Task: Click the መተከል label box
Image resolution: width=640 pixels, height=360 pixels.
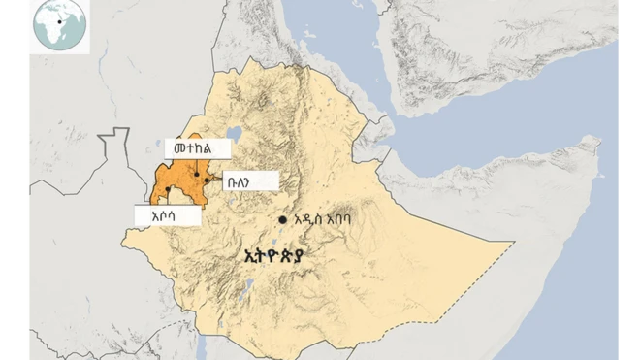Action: [198, 148]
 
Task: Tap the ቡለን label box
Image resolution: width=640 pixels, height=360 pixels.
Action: [251, 180]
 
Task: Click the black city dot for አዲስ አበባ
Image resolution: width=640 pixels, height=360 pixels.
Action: [282, 219]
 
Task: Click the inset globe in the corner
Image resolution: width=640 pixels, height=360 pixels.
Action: [60, 26]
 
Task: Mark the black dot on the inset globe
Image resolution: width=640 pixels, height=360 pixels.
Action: [61, 21]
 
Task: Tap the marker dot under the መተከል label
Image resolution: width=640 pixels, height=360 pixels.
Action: [198, 177]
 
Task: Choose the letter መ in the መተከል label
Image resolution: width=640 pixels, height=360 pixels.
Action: [175, 148]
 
